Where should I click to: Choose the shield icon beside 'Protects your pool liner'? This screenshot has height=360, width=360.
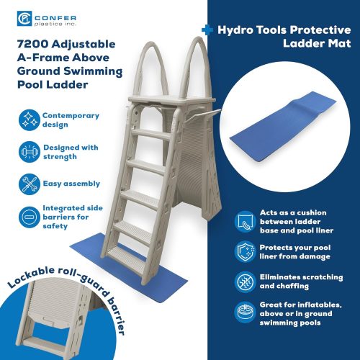point(246,252)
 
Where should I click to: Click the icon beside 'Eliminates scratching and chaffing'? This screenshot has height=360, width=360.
point(246,282)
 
